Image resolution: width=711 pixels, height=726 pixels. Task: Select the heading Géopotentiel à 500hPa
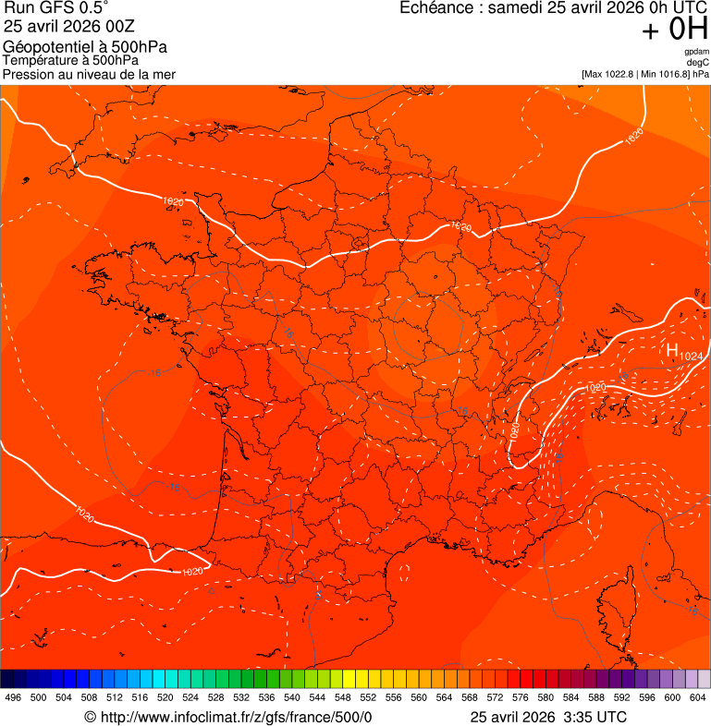(85, 47)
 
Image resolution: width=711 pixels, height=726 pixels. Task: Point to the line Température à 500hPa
(70, 60)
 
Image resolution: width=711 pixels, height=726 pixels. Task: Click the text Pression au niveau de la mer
(89, 74)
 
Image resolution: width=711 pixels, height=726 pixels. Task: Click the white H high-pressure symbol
(672, 350)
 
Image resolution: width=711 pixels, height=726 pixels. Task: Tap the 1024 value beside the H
(691, 356)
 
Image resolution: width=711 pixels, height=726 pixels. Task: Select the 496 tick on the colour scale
(13, 698)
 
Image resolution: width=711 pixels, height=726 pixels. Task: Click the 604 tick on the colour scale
(698, 698)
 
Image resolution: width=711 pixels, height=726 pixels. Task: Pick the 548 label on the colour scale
(343, 698)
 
